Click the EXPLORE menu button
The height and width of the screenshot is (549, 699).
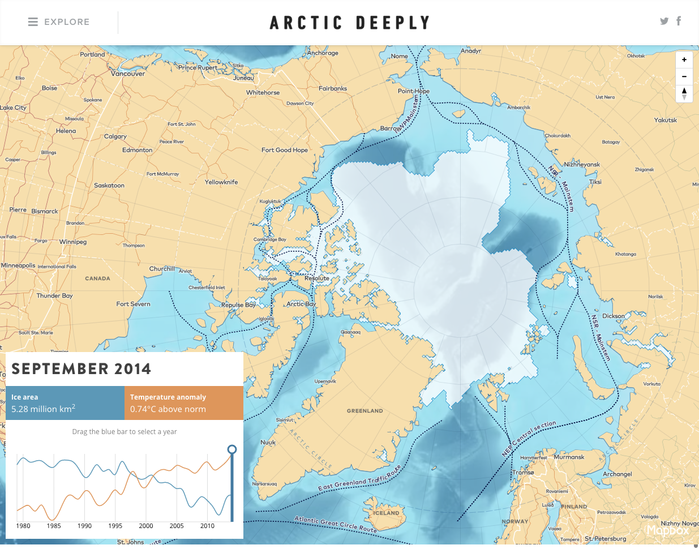pyautogui.click(x=59, y=22)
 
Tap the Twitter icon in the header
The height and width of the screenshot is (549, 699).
pyautogui.click(x=664, y=22)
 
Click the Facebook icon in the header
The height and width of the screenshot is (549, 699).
pyautogui.click(x=679, y=21)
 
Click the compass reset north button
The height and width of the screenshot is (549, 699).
pyautogui.click(x=684, y=93)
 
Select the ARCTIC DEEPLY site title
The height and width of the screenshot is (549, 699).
pyautogui.click(x=350, y=23)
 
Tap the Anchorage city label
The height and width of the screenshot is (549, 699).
pyautogui.click(x=323, y=53)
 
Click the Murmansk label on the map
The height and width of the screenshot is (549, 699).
pyautogui.click(x=569, y=457)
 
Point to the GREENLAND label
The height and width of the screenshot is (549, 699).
pyautogui.click(x=364, y=411)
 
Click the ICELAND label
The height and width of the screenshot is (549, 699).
pyautogui.click(x=387, y=513)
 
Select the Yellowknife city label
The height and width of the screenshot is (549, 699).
pyautogui.click(x=221, y=182)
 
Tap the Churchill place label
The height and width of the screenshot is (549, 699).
pyautogui.click(x=162, y=269)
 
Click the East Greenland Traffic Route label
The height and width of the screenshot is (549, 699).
pyautogui.click(x=359, y=478)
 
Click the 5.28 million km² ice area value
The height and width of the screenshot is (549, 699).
pyautogui.click(x=44, y=409)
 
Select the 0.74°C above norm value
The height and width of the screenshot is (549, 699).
pyautogui.click(x=168, y=409)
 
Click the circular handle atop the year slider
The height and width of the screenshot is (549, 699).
pyautogui.click(x=231, y=449)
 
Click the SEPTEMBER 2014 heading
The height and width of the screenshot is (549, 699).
pyautogui.click(x=82, y=369)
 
